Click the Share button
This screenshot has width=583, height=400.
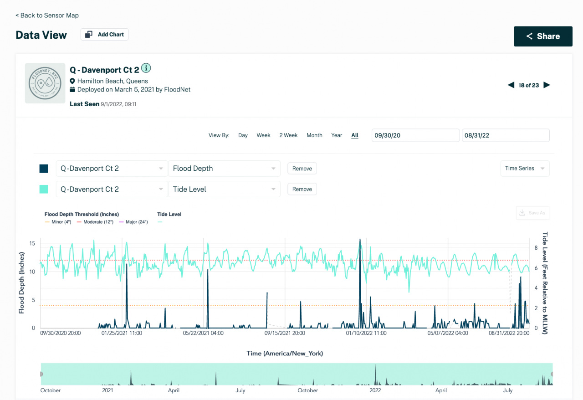pos(543,36)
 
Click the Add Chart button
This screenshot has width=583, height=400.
pos(105,35)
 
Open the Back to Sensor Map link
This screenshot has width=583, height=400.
pos(47,15)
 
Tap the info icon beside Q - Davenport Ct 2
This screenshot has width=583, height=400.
pos(146,68)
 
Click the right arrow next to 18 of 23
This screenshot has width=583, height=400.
pos(547,85)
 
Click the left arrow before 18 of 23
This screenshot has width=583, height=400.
pos(511,85)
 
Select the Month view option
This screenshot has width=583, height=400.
pos(314,135)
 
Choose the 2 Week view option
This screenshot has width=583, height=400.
pos(288,135)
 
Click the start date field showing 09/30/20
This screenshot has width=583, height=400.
pos(415,135)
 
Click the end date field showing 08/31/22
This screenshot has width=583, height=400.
pos(505,135)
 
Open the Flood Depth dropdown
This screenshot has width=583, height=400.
pos(224,169)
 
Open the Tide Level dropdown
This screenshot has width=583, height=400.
pos(224,190)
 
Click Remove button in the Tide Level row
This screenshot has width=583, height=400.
pos(302,190)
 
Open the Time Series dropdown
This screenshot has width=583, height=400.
pos(524,169)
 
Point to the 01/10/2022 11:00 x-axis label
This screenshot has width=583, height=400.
pos(366,333)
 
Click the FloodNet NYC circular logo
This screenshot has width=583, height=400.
pos(45,83)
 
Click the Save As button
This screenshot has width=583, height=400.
pos(532,213)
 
